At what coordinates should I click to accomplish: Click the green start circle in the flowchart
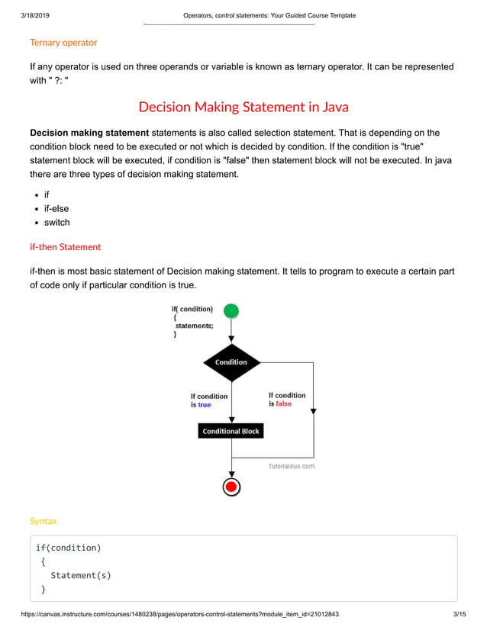click(231, 310)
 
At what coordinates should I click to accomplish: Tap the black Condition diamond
click(231, 362)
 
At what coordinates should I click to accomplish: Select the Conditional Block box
click(231, 431)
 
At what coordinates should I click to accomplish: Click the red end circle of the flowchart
click(231, 487)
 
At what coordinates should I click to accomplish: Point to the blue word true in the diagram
click(205, 405)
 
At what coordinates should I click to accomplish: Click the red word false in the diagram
click(283, 403)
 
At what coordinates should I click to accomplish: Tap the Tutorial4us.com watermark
click(291, 466)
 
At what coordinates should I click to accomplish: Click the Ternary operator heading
click(63, 43)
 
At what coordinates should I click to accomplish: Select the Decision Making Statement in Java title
click(243, 107)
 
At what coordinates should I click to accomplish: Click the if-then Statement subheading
click(65, 247)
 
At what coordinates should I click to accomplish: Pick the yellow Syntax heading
click(43, 521)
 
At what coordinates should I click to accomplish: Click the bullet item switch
click(56, 223)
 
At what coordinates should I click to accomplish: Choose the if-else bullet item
click(56, 208)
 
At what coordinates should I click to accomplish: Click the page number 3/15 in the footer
click(459, 615)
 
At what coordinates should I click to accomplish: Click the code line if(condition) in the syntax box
click(69, 548)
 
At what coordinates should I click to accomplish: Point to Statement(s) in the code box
click(81, 575)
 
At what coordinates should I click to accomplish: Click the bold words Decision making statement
click(89, 133)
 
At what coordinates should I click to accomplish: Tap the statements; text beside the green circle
click(194, 326)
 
